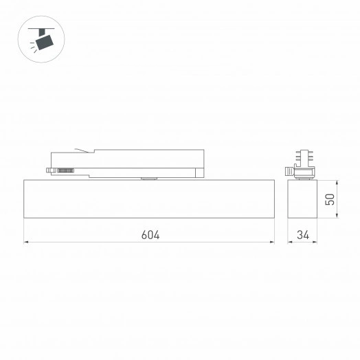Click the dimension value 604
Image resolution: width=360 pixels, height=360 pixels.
(x=150, y=235)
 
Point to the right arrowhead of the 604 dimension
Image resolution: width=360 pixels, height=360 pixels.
(x=272, y=243)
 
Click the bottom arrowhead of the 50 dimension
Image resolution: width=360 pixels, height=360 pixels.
(x=337, y=217)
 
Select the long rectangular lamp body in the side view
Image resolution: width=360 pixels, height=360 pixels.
(x=149, y=200)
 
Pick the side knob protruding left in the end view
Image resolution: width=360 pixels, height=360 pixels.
(x=289, y=172)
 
